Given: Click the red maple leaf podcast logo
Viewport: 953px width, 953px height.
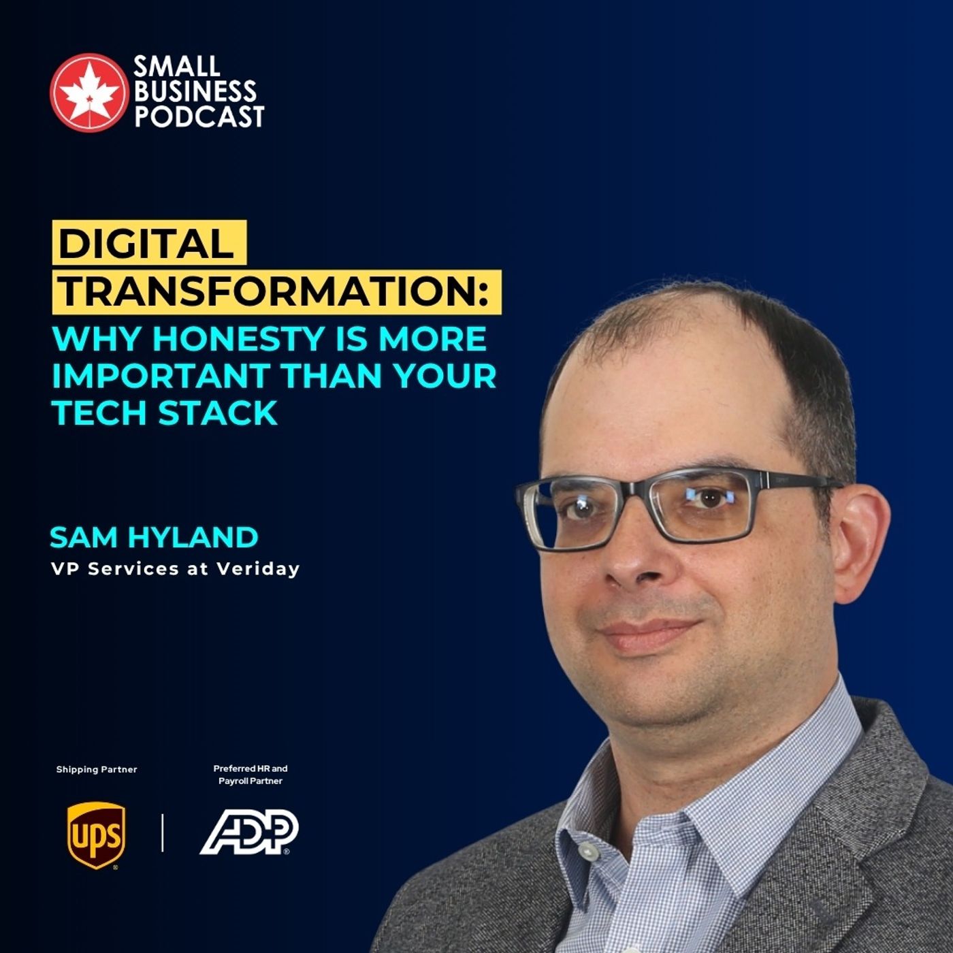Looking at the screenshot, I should tap(88, 92).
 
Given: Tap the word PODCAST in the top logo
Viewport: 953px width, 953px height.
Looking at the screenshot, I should tap(199, 116).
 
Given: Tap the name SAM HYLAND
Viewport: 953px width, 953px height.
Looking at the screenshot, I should tap(154, 538).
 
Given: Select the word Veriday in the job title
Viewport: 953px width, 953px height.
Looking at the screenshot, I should tap(258, 569).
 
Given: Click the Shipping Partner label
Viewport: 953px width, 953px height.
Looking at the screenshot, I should tap(97, 769).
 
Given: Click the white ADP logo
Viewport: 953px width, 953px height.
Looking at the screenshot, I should tap(250, 832).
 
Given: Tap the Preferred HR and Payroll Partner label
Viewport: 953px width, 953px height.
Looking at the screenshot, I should tap(251, 775).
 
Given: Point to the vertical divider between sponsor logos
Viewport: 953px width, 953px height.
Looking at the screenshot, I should tap(163, 833).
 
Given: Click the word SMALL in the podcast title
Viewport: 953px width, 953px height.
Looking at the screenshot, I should tap(177, 66).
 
